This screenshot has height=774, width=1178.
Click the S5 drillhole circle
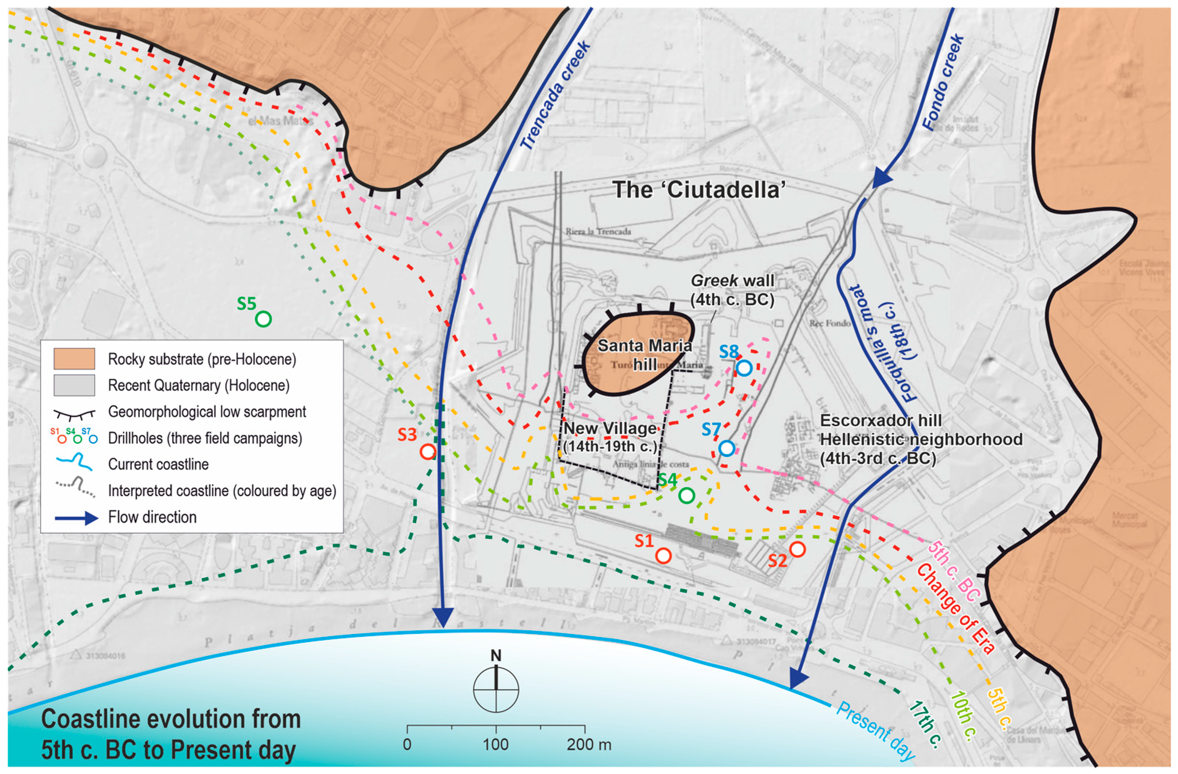click(x=263, y=319)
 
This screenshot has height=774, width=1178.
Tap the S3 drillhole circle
click(x=428, y=451)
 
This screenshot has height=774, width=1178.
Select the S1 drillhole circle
click(x=663, y=556)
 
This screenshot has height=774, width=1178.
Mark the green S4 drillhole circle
click(x=686, y=495)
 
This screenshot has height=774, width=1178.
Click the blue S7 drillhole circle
click(x=726, y=448)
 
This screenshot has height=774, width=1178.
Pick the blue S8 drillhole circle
click(x=744, y=368)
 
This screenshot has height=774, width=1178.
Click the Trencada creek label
click(x=555, y=95)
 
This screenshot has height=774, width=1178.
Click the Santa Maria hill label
click(x=644, y=354)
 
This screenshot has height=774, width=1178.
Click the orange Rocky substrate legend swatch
click(x=74, y=359)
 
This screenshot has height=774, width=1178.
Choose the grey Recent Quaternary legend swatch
click(x=74, y=385)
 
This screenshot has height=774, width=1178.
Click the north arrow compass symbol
click(x=496, y=687)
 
